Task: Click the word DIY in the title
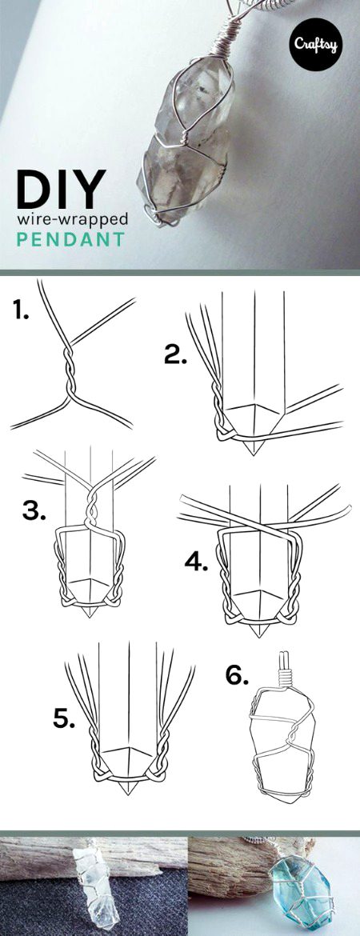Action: coord(60,189)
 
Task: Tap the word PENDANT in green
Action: coord(72,238)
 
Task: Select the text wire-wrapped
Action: coord(72,218)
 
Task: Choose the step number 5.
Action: coord(65,718)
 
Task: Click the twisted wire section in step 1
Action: coord(65,364)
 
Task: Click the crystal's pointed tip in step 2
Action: coord(257,448)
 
